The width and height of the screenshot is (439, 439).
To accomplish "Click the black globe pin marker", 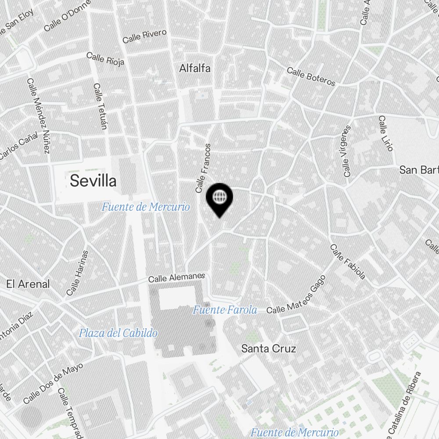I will coord(219,198).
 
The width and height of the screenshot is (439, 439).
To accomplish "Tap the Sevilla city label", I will coord(93,180).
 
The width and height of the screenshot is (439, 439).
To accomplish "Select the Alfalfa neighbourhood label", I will coord(195,68).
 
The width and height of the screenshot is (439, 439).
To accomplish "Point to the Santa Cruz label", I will coord(269,349).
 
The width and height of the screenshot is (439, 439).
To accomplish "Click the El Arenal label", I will coord(28,284).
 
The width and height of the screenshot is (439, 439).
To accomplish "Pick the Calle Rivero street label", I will coord(144,36).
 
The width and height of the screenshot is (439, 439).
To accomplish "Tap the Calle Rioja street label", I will coord(105,59).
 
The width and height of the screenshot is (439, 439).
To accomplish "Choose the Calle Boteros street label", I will coord(311,77).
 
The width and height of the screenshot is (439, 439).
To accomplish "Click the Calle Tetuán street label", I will coord(100,106).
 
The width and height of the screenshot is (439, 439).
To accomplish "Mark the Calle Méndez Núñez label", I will coord(38,116).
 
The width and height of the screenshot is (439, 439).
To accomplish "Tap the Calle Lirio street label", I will coord(385,133).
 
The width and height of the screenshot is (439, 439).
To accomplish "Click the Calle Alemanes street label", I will coord(176,277).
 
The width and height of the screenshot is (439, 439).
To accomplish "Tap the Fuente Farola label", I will coord(225,310).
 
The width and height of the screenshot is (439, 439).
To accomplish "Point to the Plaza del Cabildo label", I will coord(118,333).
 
